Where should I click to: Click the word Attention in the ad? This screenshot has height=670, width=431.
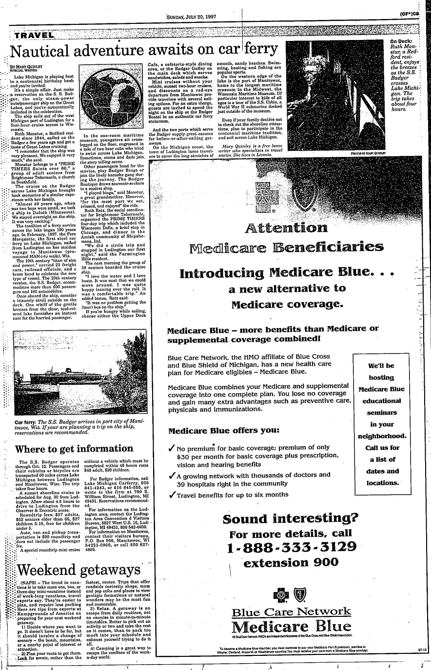(x=286, y=227)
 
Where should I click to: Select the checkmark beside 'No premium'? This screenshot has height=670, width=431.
(x=171, y=448)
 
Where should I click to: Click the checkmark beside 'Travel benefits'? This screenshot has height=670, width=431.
(x=171, y=495)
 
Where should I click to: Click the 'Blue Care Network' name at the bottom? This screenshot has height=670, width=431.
(x=292, y=612)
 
